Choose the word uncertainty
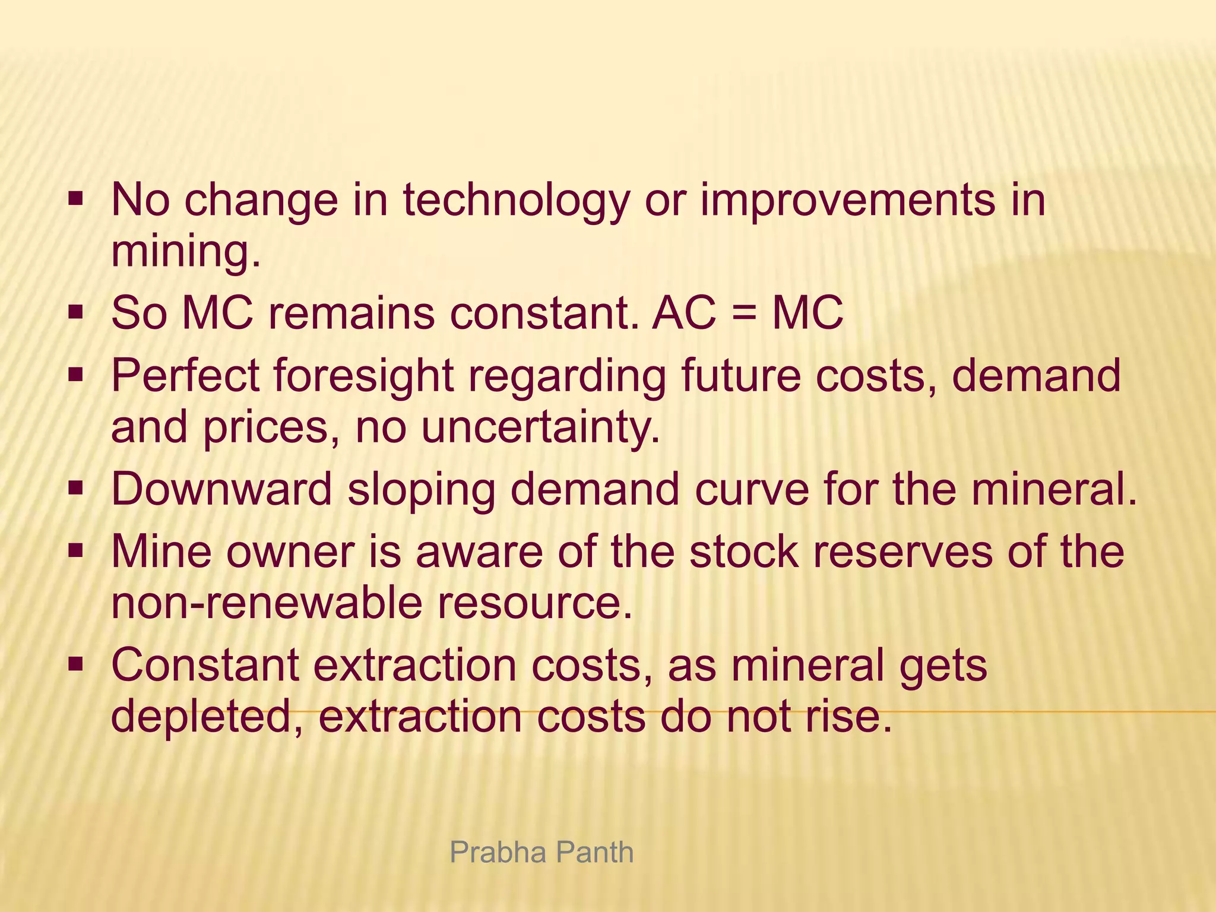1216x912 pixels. coord(540,427)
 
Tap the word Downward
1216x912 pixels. coord(221,489)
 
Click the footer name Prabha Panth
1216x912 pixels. coord(541,853)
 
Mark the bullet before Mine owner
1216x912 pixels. coord(75,550)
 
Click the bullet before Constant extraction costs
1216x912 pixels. coord(75,663)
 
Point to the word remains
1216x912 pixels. coord(350,313)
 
